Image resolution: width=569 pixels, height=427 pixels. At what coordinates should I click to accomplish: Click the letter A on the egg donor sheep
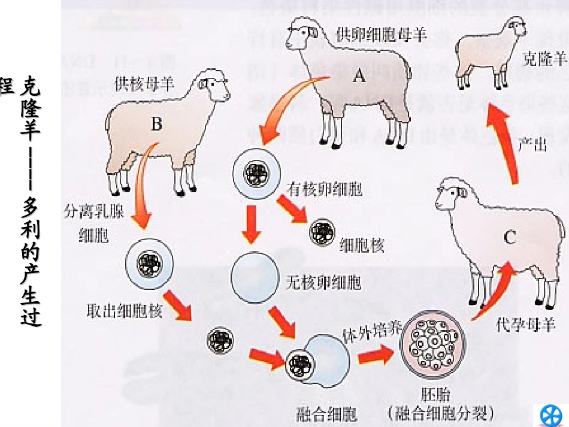point(359,75)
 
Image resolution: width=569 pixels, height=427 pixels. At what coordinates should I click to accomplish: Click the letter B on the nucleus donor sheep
point(156,123)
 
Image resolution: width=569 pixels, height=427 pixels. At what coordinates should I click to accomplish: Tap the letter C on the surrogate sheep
point(509,238)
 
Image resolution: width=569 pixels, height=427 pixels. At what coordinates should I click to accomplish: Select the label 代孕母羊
point(526,326)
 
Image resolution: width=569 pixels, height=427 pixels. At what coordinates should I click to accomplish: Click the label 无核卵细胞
point(324,282)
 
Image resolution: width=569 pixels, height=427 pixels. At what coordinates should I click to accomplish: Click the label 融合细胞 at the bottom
point(326,413)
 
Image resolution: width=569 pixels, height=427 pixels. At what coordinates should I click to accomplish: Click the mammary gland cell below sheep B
point(150,263)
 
